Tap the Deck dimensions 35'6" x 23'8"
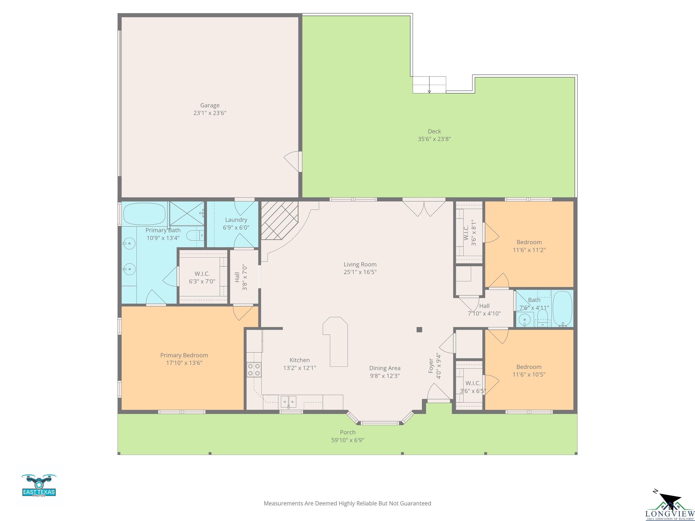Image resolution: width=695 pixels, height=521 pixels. (434, 139)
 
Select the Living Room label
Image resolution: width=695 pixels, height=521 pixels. (360, 264)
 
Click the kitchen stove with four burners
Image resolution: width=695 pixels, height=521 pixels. (254, 370)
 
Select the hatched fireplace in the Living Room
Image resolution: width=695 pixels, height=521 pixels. (280, 220)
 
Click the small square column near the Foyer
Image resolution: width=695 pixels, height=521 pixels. (419, 329)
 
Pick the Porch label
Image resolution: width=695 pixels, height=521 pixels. (348, 432)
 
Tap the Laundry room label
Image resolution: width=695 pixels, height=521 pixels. (236, 220)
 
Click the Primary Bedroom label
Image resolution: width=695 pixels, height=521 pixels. (184, 355)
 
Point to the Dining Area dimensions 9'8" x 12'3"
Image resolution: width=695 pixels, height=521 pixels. (385, 376)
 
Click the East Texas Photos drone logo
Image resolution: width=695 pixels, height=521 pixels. (39, 485)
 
